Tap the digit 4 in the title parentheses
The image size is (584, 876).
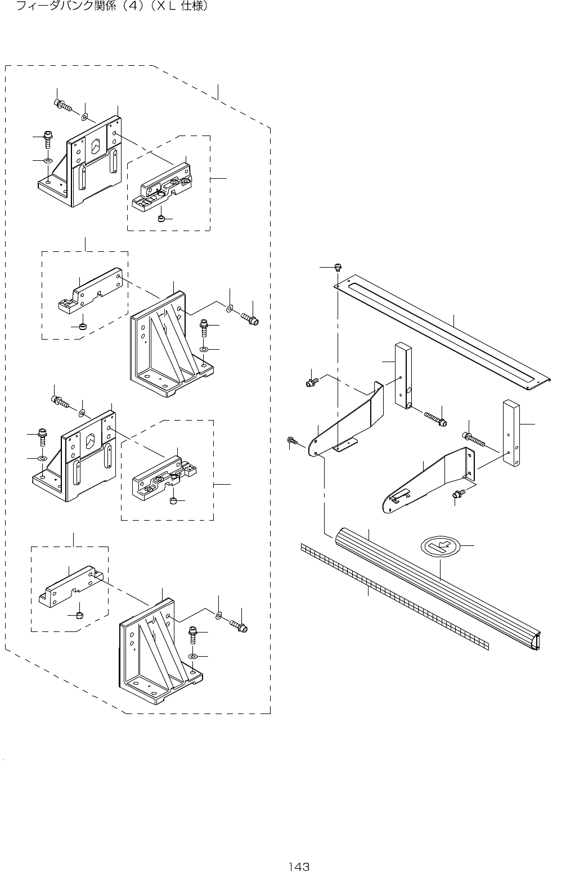coord(131,7)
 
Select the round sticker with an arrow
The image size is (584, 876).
coord(441,545)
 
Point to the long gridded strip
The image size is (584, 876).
coord(394,597)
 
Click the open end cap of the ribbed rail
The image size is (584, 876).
coord(537,640)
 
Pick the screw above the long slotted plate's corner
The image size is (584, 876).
coord(338,267)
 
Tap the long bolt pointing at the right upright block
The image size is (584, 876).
coord(474,438)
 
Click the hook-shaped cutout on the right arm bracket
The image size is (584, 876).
coord(399,495)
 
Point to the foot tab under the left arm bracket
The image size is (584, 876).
coord(344,446)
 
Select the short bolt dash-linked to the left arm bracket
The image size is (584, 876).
coord(311,382)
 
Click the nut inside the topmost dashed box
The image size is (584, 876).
coord(160,218)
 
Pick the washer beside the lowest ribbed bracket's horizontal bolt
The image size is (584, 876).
coord(218,616)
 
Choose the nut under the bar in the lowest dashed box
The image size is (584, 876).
coord(79,614)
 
